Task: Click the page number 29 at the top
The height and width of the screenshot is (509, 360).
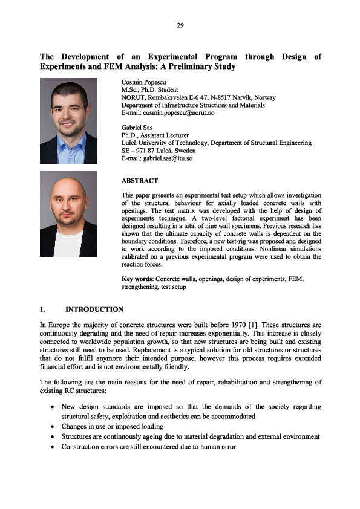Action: point(180,25)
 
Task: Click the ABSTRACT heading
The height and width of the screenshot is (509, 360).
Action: point(140,180)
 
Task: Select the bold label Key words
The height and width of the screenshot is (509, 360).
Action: point(137,279)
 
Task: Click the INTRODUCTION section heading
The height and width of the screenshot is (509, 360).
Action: point(94,310)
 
